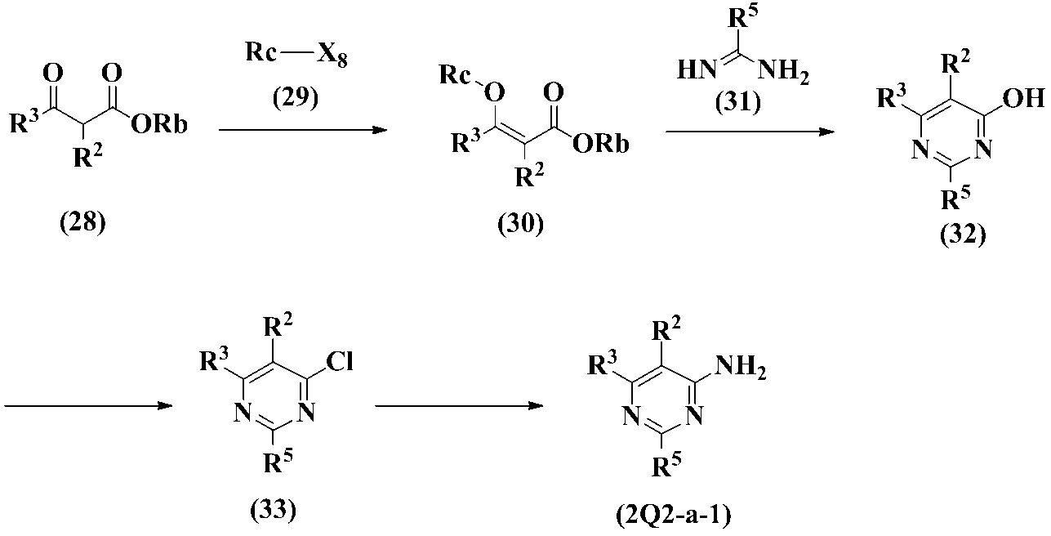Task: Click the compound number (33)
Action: click(273, 512)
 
